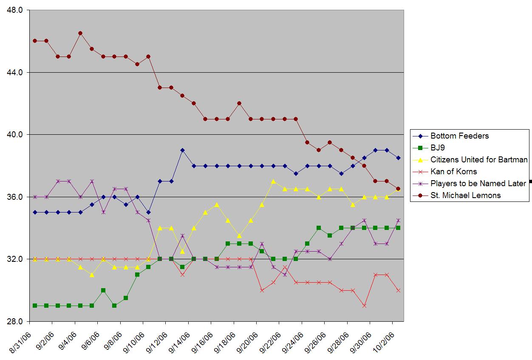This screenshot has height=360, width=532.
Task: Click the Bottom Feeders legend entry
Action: click(459, 136)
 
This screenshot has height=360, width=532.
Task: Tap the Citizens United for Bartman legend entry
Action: click(479, 160)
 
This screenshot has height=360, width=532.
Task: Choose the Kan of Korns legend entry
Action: click(453, 172)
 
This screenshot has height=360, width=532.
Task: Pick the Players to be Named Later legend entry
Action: click(478, 184)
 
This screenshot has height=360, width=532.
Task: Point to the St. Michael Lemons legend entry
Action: click(465, 196)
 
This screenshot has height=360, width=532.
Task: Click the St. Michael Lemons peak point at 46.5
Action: click(80, 33)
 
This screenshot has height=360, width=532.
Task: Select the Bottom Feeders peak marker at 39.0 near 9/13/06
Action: click(182, 150)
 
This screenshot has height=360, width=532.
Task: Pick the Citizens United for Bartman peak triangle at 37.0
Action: click(273, 181)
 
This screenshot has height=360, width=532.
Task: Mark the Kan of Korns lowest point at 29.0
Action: click(364, 306)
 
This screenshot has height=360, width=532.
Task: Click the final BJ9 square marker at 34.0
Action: click(398, 228)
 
